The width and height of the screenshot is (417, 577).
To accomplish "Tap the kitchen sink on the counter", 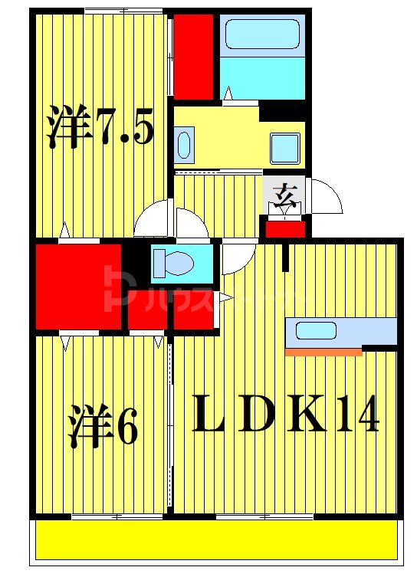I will point(316,331).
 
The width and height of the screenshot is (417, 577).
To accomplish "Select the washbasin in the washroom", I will point(184,145).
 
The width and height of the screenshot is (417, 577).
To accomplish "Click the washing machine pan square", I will point(285,146).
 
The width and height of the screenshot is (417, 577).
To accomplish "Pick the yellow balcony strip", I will point(218,540).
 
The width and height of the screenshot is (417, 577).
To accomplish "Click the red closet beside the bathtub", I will point(193,56).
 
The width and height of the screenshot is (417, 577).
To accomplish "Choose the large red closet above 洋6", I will point(77,287).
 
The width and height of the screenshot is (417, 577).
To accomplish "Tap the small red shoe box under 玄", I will point(285,228).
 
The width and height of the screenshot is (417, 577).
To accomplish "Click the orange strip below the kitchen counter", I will point(323,352).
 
